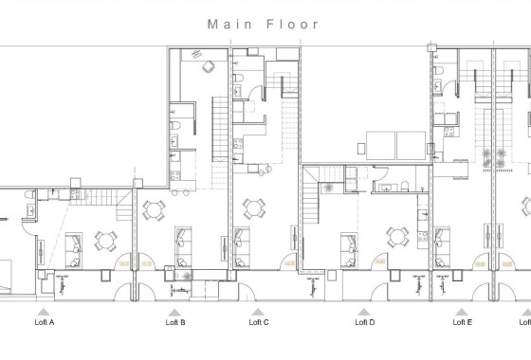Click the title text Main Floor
265,24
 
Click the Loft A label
44,323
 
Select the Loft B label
175,323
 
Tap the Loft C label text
259,323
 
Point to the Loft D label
365,323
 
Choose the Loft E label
462,323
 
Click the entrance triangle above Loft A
44,311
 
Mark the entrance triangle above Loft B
175,311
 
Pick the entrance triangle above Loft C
257,311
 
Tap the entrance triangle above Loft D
363,311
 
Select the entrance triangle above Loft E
462,311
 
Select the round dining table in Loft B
154,208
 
